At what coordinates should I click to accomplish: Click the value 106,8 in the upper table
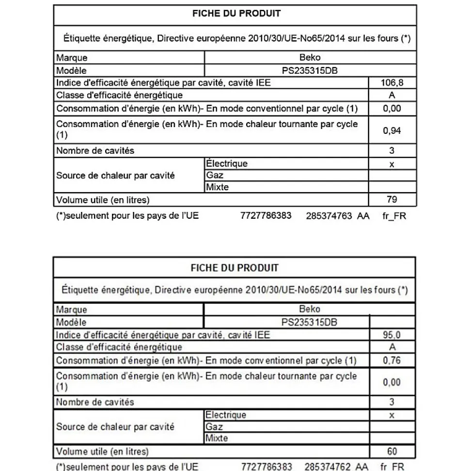point(392,83)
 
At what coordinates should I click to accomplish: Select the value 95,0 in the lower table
point(392,335)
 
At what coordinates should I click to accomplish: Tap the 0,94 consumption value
point(392,130)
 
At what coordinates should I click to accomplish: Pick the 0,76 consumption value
point(392,360)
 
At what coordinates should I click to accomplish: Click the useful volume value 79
point(392,199)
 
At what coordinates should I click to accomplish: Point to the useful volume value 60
point(392,451)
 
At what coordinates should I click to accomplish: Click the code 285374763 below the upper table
point(329,216)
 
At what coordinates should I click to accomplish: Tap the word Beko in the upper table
point(310,58)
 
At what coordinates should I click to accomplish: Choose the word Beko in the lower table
point(310,309)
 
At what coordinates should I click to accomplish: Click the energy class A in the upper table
point(392,96)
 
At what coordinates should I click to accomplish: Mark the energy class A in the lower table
point(392,347)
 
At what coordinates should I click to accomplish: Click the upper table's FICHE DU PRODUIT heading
point(236,14)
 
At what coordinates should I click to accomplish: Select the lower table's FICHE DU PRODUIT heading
point(235,267)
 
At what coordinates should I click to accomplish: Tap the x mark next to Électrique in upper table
point(392,164)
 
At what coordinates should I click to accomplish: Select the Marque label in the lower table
point(72,309)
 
